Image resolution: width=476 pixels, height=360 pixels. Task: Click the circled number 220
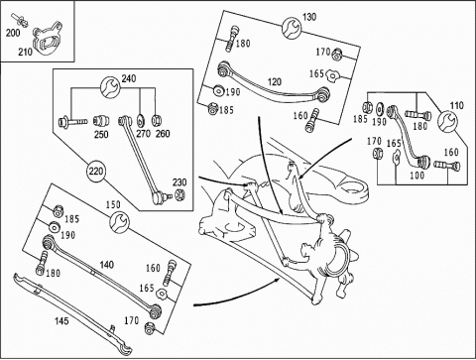tap(95, 172)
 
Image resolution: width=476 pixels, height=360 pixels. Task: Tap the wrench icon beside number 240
tap(110, 87)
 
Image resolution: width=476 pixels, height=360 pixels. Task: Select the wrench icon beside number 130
tap(292, 28)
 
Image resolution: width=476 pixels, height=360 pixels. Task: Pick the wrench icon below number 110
tap(447, 121)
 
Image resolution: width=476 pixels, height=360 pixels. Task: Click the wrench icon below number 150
tap(119, 222)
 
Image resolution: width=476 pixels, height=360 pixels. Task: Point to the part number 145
tap(61, 320)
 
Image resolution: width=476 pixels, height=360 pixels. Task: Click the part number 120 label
tap(275, 81)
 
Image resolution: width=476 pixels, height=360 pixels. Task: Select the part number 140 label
tap(107, 265)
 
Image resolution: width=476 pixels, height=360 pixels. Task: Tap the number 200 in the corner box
tap(13, 33)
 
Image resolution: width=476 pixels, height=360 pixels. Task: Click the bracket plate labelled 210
tap(48, 38)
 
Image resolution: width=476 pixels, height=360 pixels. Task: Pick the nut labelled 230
tap(179, 194)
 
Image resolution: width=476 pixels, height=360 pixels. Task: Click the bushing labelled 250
tap(101, 121)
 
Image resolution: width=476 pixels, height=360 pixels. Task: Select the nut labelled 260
tap(156, 120)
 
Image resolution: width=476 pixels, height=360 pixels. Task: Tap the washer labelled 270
tap(140, 120)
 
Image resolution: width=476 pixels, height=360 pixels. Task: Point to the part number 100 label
tap(416, 176)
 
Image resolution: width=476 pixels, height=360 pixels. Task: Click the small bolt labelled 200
tap(20, 19)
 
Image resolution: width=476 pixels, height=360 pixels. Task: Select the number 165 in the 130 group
tap(316, 73)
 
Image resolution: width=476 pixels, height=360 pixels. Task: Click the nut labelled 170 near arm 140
tap(150, 327)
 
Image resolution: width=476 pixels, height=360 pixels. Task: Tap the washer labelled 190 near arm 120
tap(218, 91)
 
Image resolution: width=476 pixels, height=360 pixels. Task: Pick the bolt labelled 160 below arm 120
tap(312, 121)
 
